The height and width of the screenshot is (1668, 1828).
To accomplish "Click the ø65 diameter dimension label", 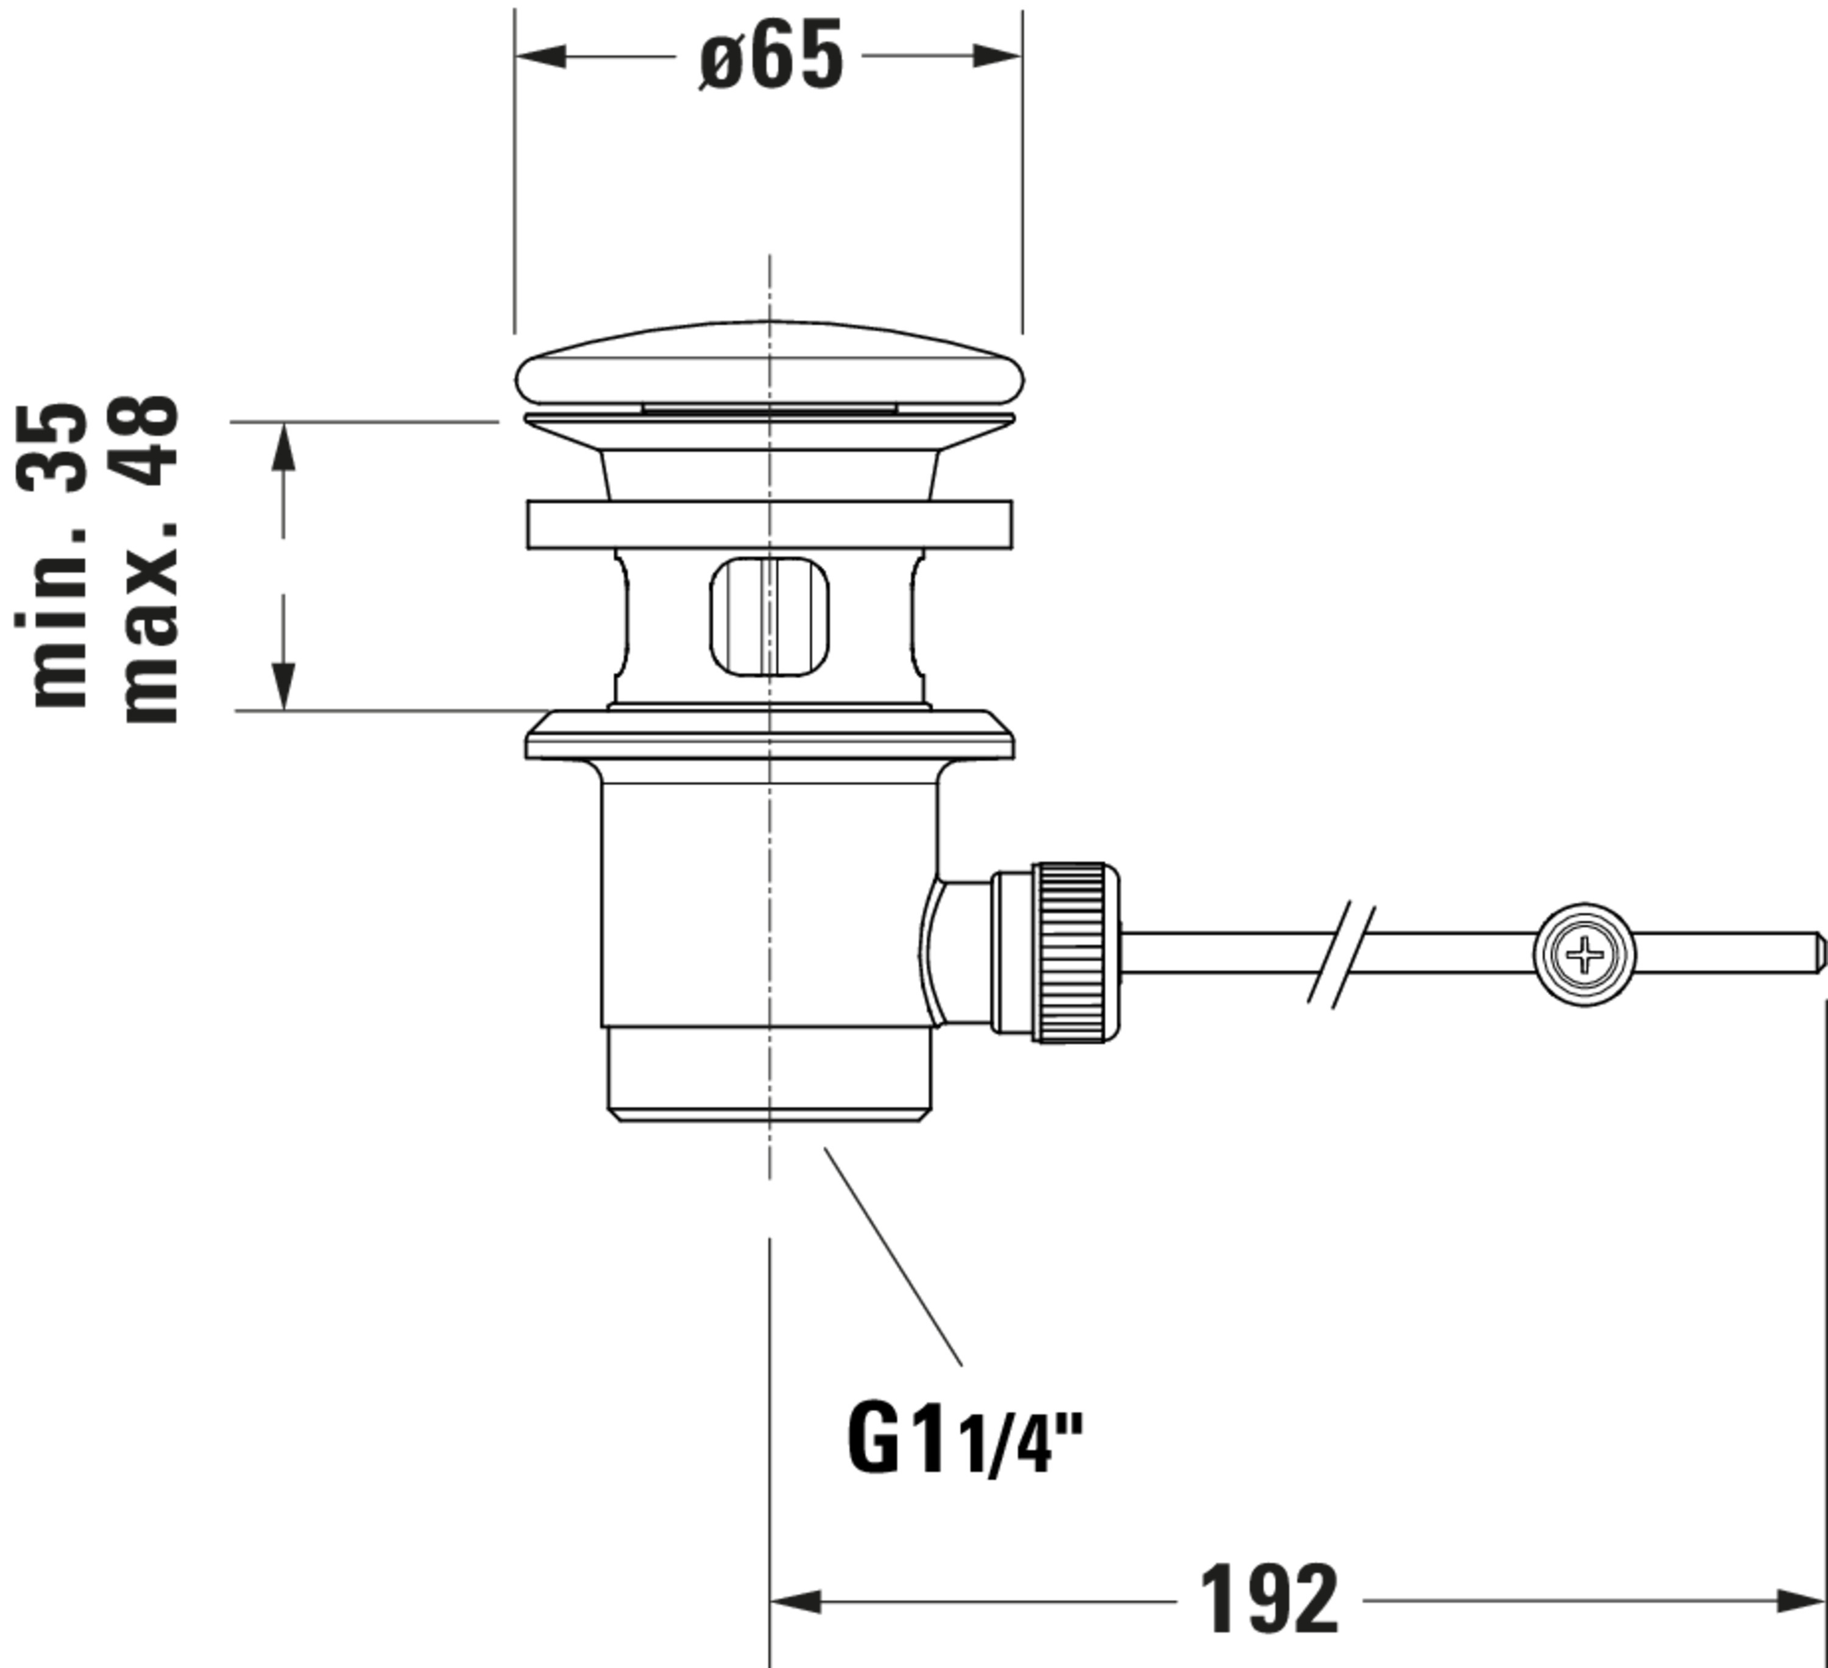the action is click(771, 56).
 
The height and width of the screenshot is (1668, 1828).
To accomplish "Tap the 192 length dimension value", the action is click(1269, 1599).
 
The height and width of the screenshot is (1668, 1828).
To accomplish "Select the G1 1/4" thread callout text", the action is click(965, 1439).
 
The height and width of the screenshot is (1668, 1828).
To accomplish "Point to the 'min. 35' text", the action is click(52, 555).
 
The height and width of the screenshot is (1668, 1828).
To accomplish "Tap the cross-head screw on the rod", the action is click(1584, 954).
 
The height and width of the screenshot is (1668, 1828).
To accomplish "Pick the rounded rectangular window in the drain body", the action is click(769, 617).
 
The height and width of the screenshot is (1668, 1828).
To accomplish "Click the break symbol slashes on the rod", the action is click(1341, 954).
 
